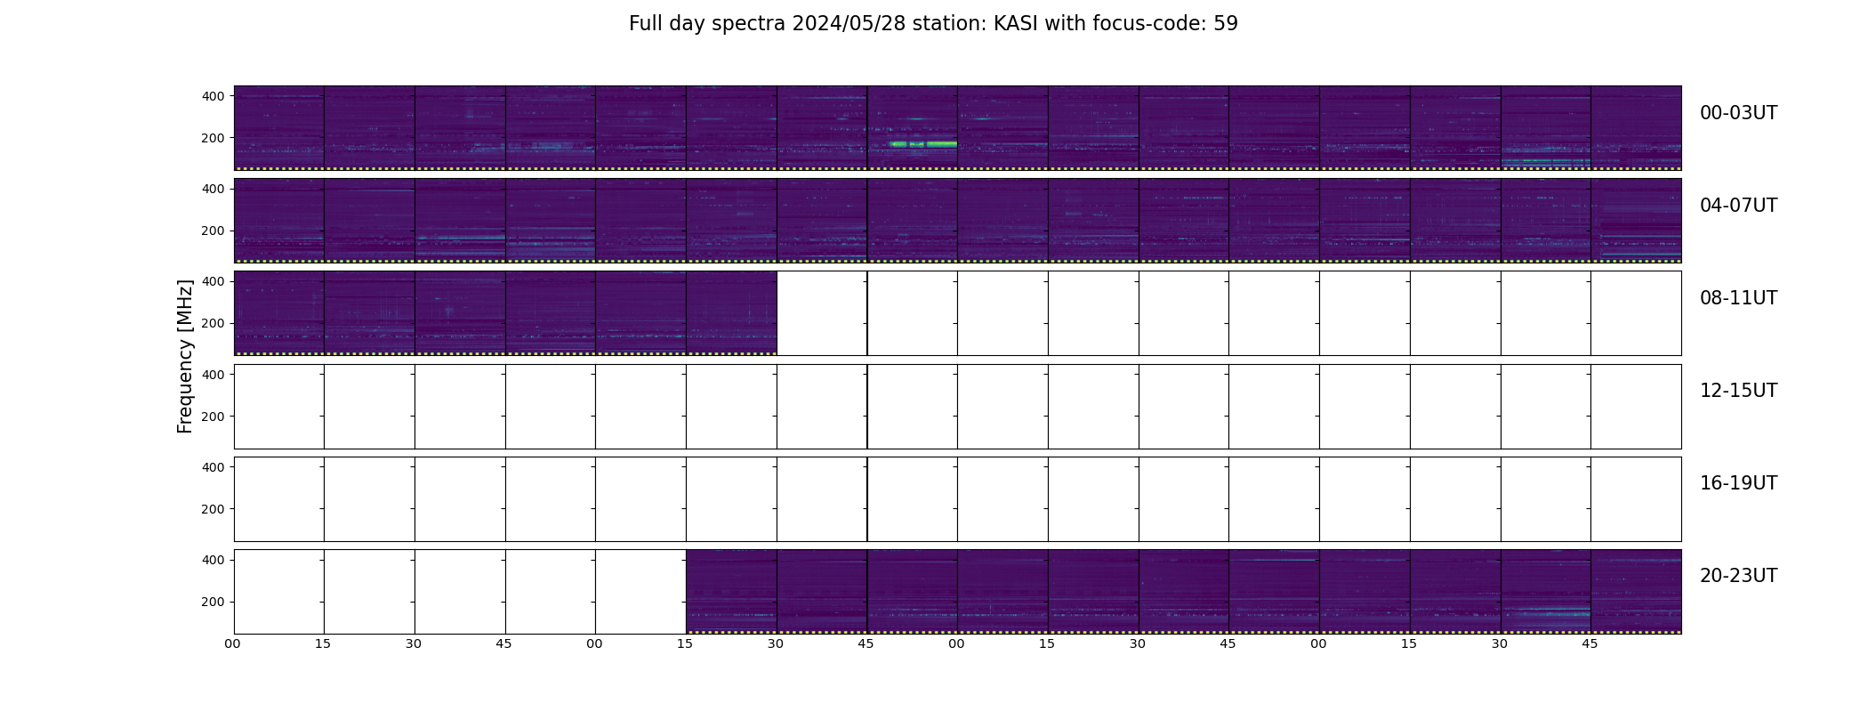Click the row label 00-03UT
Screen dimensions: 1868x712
(x=1738, y=113)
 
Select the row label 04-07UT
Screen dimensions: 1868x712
(x=1738, y=206)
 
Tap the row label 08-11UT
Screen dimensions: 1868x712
(x=1738, y=298)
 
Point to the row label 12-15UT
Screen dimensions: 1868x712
(x=1738, y=391)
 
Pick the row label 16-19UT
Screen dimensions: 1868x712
(x=1738, y=483)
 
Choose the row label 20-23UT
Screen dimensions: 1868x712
(x=1738, y=576)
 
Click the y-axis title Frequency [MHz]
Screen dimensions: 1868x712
(x=185, y=357)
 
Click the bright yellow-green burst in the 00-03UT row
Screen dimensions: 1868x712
(x=923, y=144)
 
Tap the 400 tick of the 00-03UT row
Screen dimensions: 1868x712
(x=213, y=96)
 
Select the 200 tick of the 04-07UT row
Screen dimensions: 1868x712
(x=213, y=231)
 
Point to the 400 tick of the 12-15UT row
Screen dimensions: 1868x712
(x=213, y=375)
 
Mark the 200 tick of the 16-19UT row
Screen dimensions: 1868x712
(x=213, y=509)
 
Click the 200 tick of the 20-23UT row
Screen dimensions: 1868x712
(x=213, y=602)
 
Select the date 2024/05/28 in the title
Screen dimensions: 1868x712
(x=849, y=24)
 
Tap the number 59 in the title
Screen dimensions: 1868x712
(x=1226, y=24)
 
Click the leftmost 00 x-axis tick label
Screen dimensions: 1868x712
(x=233, y=643)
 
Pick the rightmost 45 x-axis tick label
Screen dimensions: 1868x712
(x=1590, y=643)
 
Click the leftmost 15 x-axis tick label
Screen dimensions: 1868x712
(x=323, y=643)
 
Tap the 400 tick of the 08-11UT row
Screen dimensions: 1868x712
(x=213, y=281)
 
